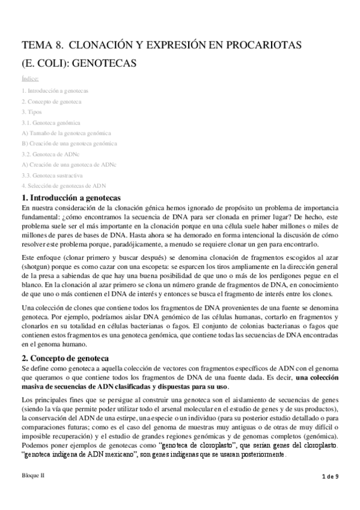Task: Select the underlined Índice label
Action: [30, 78]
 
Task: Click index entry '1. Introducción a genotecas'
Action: [55, 91]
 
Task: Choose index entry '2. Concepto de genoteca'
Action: [51, 101]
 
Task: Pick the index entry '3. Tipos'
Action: [31, 112]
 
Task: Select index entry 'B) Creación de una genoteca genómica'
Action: [69, 143]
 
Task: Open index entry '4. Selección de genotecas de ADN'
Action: [63, 186]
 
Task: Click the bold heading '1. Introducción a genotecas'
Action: [72, 197]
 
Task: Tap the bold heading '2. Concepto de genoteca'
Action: [67, 356]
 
